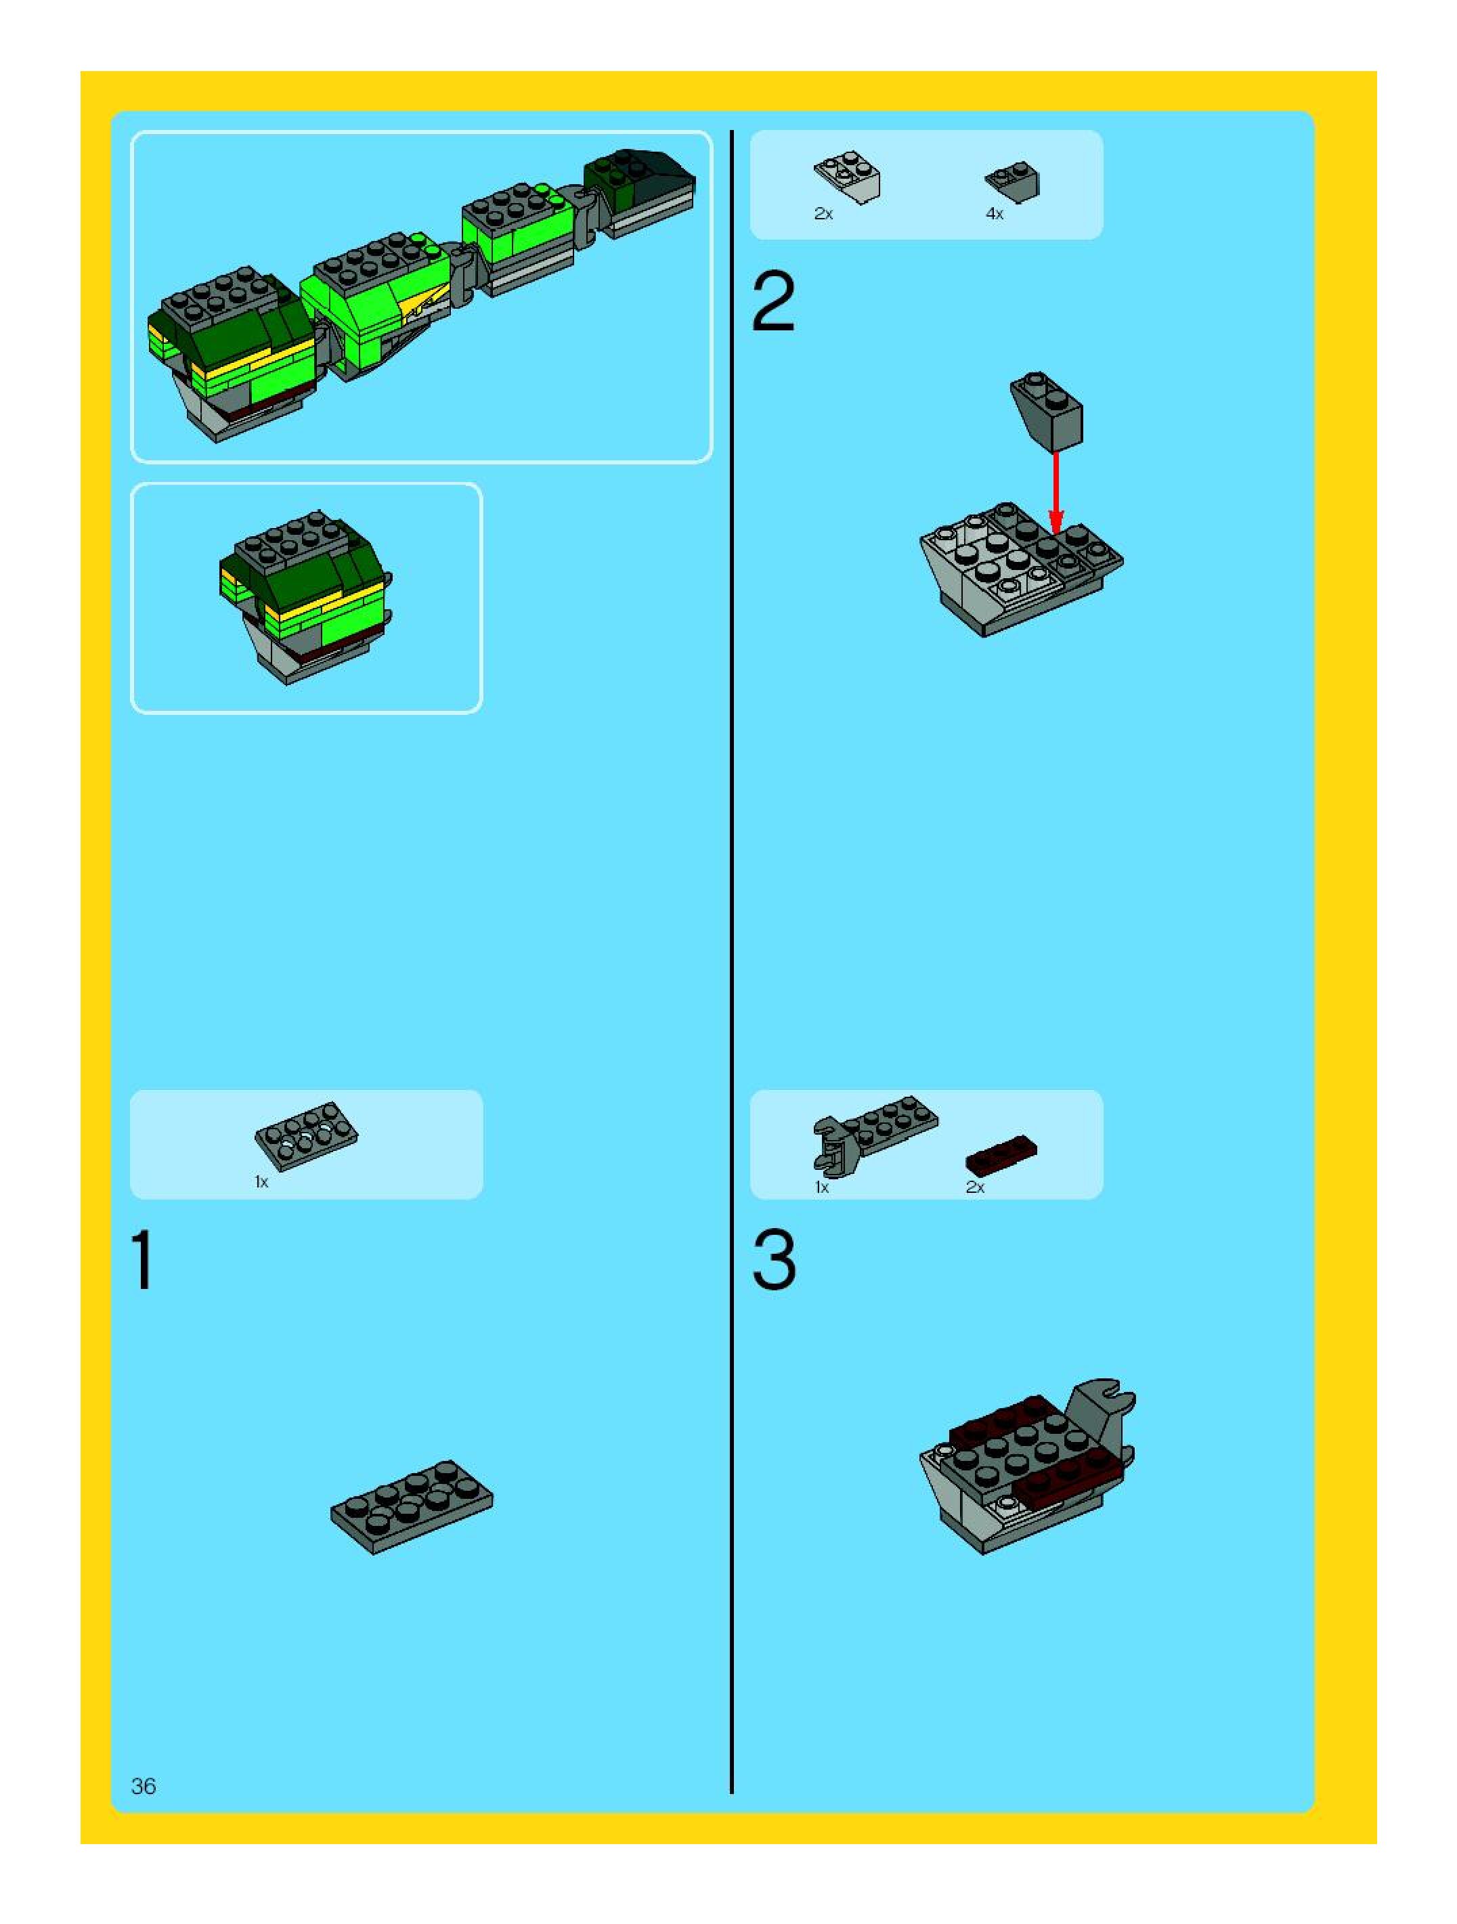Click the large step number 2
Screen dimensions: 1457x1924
(x=773, y=302)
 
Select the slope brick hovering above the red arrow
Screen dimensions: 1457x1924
(x=1047, y=410)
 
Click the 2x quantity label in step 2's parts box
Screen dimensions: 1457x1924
(x=823, y=214)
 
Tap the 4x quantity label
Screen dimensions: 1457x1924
(x=994, y=214)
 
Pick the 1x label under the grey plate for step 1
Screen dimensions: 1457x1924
(x=261, y=1182)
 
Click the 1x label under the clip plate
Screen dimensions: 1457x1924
(x=822, y=1187)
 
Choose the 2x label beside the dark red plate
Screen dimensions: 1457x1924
(x=974, y=1187)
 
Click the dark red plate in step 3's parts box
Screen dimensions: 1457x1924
(x=1002, y=1152)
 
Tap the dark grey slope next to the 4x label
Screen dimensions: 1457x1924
(x=1014, y=179)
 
